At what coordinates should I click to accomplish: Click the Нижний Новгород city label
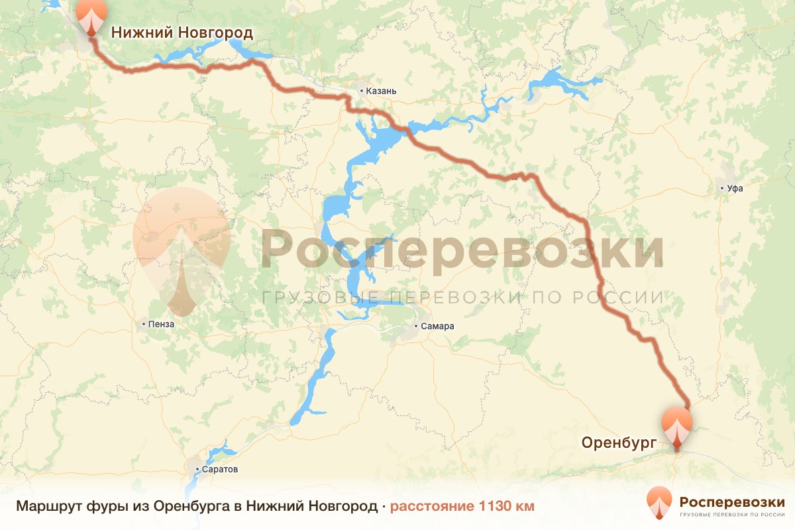click(x=182, y=32)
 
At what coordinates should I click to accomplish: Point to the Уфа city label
click(x=735, y=188)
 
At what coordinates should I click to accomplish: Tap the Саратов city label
click(x=221, y=469)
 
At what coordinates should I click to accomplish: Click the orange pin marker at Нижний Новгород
click(x=91, y=15)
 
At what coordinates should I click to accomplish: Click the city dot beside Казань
click(x=361, y=90)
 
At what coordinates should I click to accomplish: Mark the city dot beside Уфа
click(x=722, y=188)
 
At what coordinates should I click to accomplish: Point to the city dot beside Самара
click(x=416, y=326)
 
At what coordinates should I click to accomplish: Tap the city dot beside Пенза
click(x=144, y=325)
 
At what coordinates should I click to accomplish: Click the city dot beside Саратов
click(x=197, y=469)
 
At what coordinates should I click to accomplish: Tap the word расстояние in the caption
click(x=431, y=506)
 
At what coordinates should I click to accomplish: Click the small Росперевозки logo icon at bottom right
click(x=659, y=502)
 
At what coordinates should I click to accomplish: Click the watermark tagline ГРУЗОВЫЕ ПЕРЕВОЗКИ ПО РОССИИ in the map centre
click(x=462, y=297)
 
